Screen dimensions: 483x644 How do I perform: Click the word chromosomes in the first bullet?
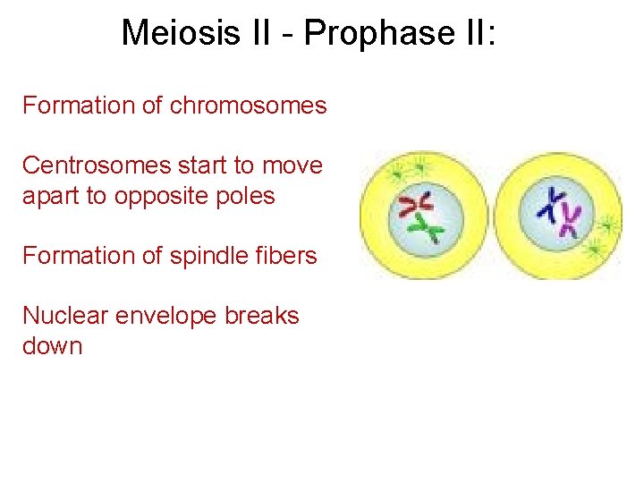pyautogui.click(x=249, y=106)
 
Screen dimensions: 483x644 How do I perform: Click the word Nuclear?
pyautogui.click(x=62, y=316)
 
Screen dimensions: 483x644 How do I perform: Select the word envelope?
pyautogui.click(x=166, y=316)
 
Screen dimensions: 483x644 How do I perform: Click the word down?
pyautogui.click(x=52, y=346)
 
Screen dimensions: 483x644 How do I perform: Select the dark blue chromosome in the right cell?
pyautogui.click(x=551, y=205)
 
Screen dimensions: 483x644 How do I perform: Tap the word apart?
pyautogui.click(x=51, y=196)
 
